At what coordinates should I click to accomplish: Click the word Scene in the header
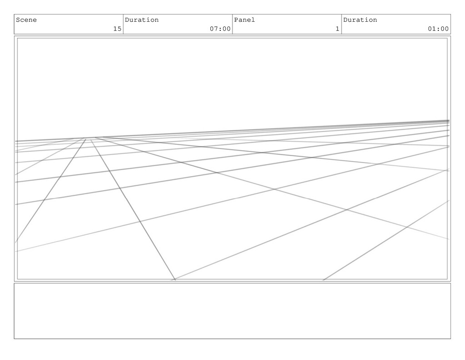tap(26, 20)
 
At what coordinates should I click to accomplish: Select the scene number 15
tap(117, 29)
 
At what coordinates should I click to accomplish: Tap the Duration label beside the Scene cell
tap(142, 20)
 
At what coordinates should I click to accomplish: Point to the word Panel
tap(244, 20)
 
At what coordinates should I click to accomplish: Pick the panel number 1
tap(337, 29)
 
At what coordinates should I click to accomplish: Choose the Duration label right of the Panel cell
tap(360, 20)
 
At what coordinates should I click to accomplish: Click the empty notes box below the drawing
tap(232, 311)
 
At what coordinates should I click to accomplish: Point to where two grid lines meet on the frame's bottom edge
tap(175, 280)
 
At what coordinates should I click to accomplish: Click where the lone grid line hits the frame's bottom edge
tap(323, 280)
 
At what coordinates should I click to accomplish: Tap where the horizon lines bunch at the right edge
tap(448, 122)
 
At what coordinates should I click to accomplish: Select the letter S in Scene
tap(18, 20)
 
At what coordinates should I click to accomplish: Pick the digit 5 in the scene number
tap(119, 29)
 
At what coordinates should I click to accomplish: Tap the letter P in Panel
tap(236, 20)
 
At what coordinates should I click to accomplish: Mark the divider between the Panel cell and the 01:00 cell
tap(341, 24)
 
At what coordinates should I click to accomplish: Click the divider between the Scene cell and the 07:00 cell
tap(123, 24)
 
